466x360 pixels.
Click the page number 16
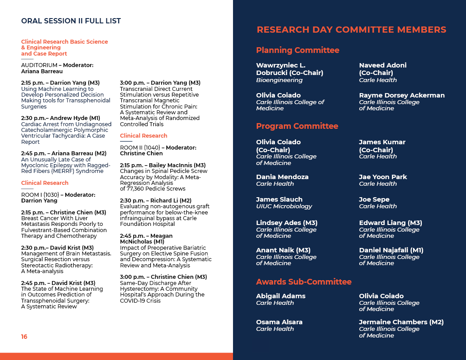click(x=24, y=337)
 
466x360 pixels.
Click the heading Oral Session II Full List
click(x=71, y=21)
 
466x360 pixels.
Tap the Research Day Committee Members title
click(x=351, y=30)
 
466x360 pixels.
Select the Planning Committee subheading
click(x=297, y=50)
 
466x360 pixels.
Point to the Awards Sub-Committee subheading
click(x=304, y=281)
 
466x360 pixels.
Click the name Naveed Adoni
click(x=383, y=65)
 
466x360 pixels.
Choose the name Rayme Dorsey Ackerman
click(x=402, y=95)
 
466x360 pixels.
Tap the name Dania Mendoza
click(x=282, y=177)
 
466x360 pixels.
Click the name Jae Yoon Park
click(x=383, y=177)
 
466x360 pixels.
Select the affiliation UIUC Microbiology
click(x=284, y=206)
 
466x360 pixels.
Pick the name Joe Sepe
click(x=374, y=199)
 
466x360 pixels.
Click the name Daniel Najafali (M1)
click(x=391, y=250)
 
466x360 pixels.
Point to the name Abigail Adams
click(x=281, y=296)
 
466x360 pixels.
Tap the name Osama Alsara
click(x=279, y=322)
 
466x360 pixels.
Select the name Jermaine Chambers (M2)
click(x=401, y=322)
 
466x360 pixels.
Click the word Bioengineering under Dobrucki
click(x=279, y=80)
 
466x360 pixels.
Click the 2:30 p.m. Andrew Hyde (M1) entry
click(x=60, y=118)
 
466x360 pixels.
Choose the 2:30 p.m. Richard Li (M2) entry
click(x=155, y=200)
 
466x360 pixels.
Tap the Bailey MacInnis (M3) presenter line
click(x=163, y=165)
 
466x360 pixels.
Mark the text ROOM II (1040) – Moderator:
click(x=158, y=147)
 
